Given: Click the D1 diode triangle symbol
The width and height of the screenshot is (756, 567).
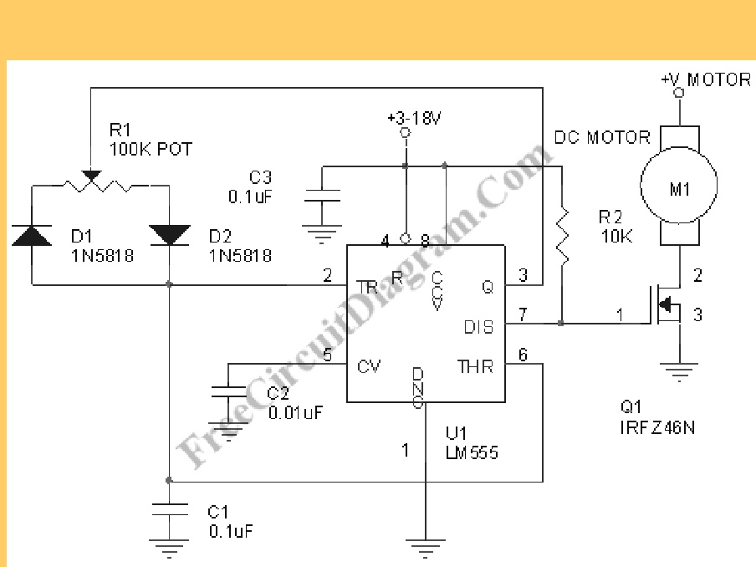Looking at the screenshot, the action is (32, 235).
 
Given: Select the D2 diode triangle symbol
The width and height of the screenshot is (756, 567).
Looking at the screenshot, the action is (169, 235).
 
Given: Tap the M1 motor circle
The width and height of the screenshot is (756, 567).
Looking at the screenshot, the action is (679, 185).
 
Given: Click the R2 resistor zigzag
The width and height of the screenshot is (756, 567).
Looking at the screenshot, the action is (562, 235).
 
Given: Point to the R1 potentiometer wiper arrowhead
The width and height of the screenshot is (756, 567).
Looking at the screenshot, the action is (91, 176).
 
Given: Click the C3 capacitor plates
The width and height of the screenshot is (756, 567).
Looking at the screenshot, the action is (322, 195).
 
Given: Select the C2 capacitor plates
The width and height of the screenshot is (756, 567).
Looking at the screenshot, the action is (228, 391).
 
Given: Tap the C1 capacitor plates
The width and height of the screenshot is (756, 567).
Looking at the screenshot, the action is (169, 509).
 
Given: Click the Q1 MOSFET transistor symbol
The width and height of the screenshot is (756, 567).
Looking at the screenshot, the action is (667, 304).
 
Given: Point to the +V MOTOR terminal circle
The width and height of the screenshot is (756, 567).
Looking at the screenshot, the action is (679, 93).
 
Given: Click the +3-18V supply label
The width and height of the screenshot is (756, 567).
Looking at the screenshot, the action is (414, 118).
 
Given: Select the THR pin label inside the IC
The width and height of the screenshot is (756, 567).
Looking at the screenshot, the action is (475, 367).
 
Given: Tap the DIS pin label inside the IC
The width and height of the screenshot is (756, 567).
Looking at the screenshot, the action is (478, 327).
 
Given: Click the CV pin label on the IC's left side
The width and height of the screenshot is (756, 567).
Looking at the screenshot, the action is (369, 367).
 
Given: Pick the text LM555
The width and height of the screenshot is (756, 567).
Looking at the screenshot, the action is (472, 452).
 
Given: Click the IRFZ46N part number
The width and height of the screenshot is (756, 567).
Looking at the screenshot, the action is (657, 427).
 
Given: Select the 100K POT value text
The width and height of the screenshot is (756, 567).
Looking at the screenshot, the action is (151, 149).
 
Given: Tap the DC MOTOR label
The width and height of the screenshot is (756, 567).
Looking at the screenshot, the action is (602, 137).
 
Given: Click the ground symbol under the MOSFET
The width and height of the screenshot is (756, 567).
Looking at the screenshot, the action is (679, 372).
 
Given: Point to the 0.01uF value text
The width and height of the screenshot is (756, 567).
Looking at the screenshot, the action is (295, 413).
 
